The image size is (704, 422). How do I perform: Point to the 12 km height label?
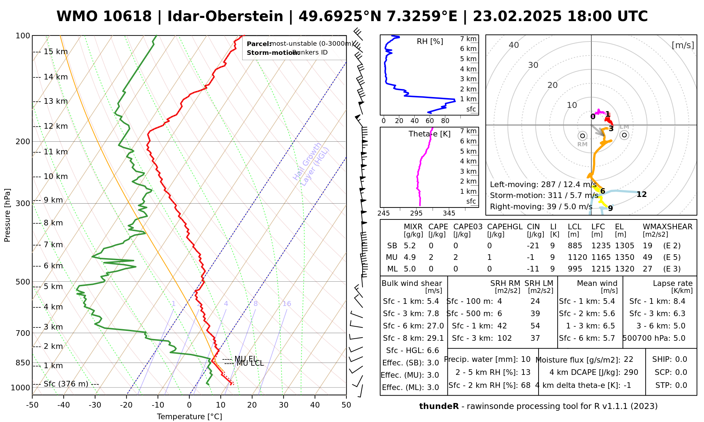pos(56,126)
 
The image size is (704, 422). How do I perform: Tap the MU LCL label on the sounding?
pos(250,363)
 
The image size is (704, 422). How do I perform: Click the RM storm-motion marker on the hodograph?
pos(582,136)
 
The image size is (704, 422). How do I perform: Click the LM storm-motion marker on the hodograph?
pos(624,135)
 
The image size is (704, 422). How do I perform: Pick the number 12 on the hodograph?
pos(641,194)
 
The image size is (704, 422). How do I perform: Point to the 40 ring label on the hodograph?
pos(514,45)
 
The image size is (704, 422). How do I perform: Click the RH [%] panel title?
pos(430,41)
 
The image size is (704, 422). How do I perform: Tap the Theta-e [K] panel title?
pos(429,134)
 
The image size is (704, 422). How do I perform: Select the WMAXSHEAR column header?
pos(667,227)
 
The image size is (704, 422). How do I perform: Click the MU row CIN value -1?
pos(530,257)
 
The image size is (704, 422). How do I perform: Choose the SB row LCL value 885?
pos(575,246)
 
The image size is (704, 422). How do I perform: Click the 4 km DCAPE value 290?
pos(631,372)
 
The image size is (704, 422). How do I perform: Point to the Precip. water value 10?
pos(526,359)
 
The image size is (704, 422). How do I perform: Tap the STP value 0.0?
pos(681,385)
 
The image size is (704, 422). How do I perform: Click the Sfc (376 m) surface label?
pos(66,384)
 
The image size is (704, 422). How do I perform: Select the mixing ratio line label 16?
pos(287,304)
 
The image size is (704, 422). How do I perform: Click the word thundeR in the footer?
pos(439,407)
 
